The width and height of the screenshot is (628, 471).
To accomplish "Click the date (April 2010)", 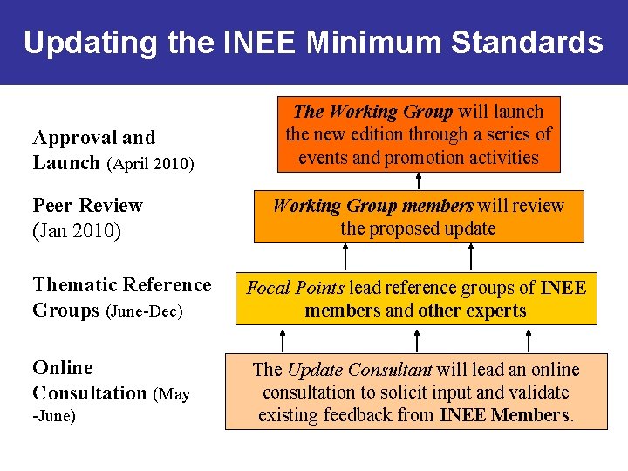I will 150,163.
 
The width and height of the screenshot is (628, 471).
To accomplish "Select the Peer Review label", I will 87,206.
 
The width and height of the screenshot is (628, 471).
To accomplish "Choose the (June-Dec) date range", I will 144,311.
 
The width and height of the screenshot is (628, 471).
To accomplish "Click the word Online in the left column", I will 62,368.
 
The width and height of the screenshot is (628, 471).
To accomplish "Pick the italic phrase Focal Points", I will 296,288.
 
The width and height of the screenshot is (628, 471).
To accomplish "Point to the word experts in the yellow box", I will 495,311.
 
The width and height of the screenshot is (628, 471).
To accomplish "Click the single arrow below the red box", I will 419,181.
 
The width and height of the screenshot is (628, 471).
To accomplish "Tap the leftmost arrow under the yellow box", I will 283,338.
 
